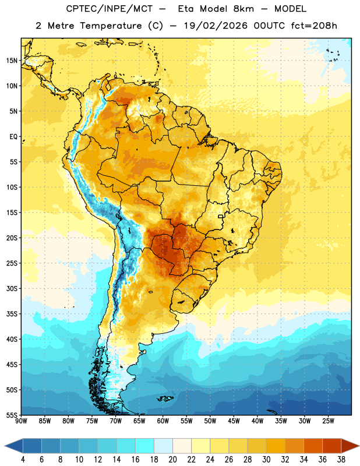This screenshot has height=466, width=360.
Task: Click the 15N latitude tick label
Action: (x=12, y=61)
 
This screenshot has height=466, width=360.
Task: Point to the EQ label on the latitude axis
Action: (x=13, y=137)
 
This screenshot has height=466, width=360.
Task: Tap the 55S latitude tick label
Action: (x=12, y=415)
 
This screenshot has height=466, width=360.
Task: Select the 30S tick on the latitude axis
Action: (x=12, y=288)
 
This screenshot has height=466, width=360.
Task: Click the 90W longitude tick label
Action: (x=21, y=421)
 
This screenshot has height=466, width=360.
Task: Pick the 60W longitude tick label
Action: (x=163, y=421)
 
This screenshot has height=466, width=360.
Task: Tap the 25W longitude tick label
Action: (x=328, y=421)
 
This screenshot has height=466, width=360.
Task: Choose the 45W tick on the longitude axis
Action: (x=234, y=421)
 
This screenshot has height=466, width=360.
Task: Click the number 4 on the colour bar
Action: (x=23, y=460)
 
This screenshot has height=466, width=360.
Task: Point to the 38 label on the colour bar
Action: (x=341, y=460)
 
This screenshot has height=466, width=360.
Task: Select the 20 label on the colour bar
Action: (x=172, y=460)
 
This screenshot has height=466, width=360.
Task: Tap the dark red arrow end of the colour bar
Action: (x=350, y=446)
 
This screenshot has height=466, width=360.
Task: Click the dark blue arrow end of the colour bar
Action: (x=13, y=446)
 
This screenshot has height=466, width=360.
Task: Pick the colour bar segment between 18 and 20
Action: (x=163, y=446)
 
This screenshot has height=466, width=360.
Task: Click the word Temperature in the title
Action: (x=111, y=26)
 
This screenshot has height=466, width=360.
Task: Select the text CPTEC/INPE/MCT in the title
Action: (x=109, y=9)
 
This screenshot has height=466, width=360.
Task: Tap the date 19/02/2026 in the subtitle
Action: (x=216, y=26)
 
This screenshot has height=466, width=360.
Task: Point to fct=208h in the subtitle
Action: (x=314, y=26)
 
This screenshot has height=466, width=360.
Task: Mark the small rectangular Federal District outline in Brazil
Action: (x=221, y=216)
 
